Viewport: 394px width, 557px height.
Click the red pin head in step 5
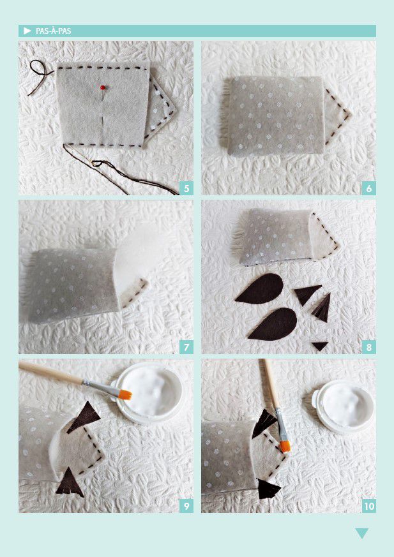103,87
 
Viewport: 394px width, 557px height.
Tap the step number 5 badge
186,188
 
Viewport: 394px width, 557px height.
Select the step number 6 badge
368,188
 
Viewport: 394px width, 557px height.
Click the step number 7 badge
186,346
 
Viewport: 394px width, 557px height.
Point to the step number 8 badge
368,346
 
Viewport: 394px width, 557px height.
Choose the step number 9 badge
186,505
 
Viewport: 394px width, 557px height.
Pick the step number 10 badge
368,505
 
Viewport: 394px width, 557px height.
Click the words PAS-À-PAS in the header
54,31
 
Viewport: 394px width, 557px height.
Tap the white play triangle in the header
27,31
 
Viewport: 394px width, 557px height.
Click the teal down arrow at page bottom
361,533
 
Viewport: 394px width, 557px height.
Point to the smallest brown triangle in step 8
320,346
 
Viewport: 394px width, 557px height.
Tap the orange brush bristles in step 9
125,394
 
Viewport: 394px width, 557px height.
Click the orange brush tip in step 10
285,447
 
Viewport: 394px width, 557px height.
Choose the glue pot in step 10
343,406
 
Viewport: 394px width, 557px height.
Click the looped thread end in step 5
40,75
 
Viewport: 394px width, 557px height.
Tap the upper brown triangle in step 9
84,417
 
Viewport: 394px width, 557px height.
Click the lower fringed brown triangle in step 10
269,489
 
